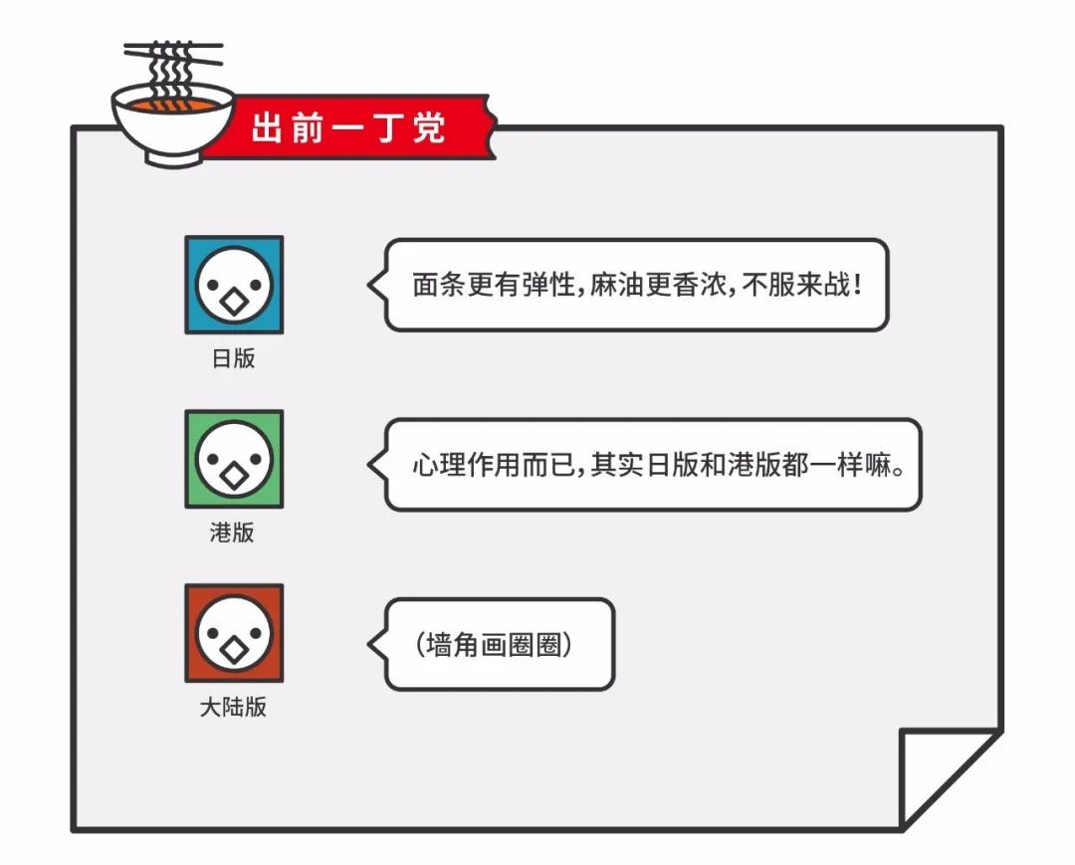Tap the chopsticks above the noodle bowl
[x=173, y=52]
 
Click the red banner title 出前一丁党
[x=348, y=127]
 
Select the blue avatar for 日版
[x=234, y=285]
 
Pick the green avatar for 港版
[x=234, y=459]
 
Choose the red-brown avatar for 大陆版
[x=234, y=633]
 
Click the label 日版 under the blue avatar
[x=234, y=357]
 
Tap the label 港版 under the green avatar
[x=232, y=532]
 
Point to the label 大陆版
[x=233, y=707]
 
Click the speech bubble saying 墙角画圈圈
[x=491, y=644]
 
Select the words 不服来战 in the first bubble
[x=796, y=285]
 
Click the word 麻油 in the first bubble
[x=617, y=285]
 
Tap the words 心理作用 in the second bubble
[x=466, y=465]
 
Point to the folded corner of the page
[x=950, y=778]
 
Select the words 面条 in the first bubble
[x=439, y=285]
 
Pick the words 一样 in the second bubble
[x=836, y=465]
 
